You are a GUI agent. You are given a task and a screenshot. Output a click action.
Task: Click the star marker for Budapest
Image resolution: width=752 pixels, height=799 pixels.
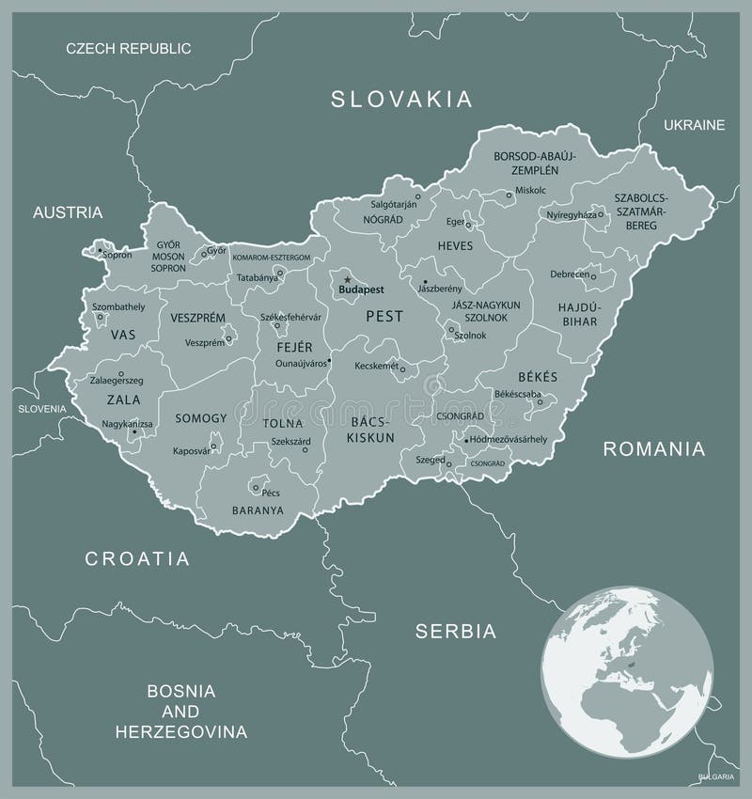point(347,279)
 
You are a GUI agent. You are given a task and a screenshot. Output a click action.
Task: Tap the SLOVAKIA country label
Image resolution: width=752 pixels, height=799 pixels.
point(400,99)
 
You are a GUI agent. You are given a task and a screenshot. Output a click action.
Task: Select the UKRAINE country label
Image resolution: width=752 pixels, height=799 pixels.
point(694,125)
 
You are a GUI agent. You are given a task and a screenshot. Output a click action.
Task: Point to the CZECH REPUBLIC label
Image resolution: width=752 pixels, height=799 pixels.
point(128,48)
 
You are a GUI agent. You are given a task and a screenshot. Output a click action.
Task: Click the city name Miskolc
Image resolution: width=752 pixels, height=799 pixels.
point(529,190)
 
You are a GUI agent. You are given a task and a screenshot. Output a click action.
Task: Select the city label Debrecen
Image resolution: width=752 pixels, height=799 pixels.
point(570,274)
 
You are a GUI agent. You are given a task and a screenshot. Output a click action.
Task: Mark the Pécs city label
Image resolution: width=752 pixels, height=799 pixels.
point(272,492)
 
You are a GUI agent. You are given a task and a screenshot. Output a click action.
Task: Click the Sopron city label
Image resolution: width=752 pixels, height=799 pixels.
point(117,255)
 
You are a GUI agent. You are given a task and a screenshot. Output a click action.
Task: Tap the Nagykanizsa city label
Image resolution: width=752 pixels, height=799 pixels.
point(127,424)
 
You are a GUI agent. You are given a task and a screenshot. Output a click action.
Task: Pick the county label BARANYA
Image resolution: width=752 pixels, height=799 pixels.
point(258,510)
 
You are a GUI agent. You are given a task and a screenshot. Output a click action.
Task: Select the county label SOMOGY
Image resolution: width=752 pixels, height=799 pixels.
point(201,417)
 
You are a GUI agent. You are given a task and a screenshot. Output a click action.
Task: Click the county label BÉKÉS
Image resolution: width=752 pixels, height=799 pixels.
point(537,376)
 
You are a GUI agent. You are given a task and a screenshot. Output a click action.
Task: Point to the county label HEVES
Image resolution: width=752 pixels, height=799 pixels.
point(455,245)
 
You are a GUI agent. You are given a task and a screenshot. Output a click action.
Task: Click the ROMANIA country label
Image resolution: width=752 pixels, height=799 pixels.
point(653,448)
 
